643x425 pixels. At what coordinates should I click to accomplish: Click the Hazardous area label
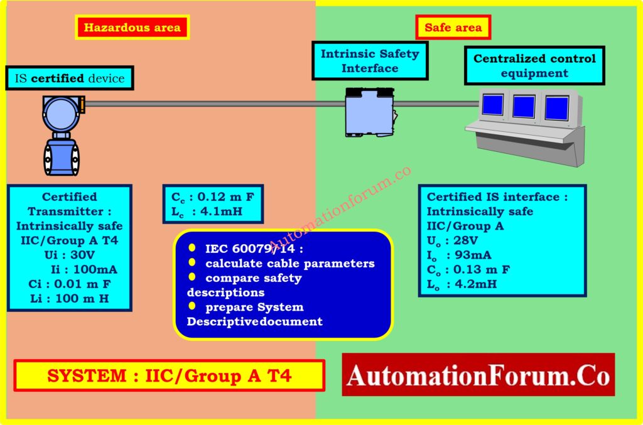[132, 28]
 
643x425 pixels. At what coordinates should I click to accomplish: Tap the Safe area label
[453, 28]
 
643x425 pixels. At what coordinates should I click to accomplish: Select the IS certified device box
[70, 79]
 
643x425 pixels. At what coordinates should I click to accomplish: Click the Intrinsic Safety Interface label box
[370, 61]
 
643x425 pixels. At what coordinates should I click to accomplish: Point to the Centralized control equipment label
[534, 66]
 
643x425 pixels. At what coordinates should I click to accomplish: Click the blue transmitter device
[62, 134]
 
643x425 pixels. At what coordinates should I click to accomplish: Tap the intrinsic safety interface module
[370, 111]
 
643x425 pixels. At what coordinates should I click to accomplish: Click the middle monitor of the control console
[523, 107]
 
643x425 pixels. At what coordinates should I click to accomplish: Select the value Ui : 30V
[69, 255]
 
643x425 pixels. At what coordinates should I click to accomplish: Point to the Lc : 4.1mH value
[207, 211]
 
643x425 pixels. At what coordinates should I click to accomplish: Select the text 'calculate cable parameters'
[289, 263]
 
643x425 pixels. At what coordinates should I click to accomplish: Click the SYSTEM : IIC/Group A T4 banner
[170, 376]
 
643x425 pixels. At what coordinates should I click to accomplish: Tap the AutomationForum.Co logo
[478, 375]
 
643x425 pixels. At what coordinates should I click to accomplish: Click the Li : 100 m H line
[69, 298]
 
